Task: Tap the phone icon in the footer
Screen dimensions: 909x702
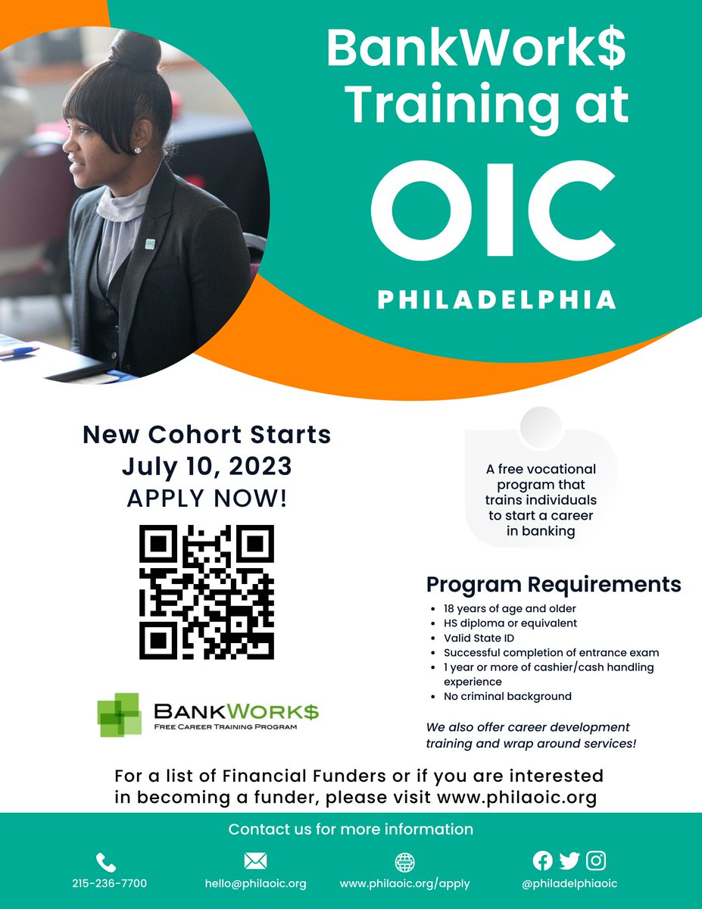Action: (x=107, y=861)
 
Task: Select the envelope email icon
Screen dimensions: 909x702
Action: (x=255, y=861)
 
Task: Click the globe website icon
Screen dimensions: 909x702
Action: (x=404, y=862)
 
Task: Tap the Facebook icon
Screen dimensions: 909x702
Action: (x=542, y=861)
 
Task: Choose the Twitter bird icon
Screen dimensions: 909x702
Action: (x=569, y=861)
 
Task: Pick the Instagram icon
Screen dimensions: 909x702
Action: (x=596, y=861)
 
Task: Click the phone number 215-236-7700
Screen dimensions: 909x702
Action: (x=109, y=883)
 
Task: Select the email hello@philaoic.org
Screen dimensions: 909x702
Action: (x=255, y=883)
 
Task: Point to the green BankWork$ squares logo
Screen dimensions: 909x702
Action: (x=120, y=714)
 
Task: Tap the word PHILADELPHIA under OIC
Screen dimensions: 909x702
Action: (x=497, y=299)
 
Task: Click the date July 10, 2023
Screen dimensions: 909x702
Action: (x=207, y=467)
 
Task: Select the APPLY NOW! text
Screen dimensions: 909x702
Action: (x=207, y=500)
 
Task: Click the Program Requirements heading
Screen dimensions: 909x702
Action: (x=553, y=585)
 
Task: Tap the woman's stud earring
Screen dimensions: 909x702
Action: (x=138, y=150)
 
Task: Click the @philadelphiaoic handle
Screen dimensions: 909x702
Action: (x=569, y=883)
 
